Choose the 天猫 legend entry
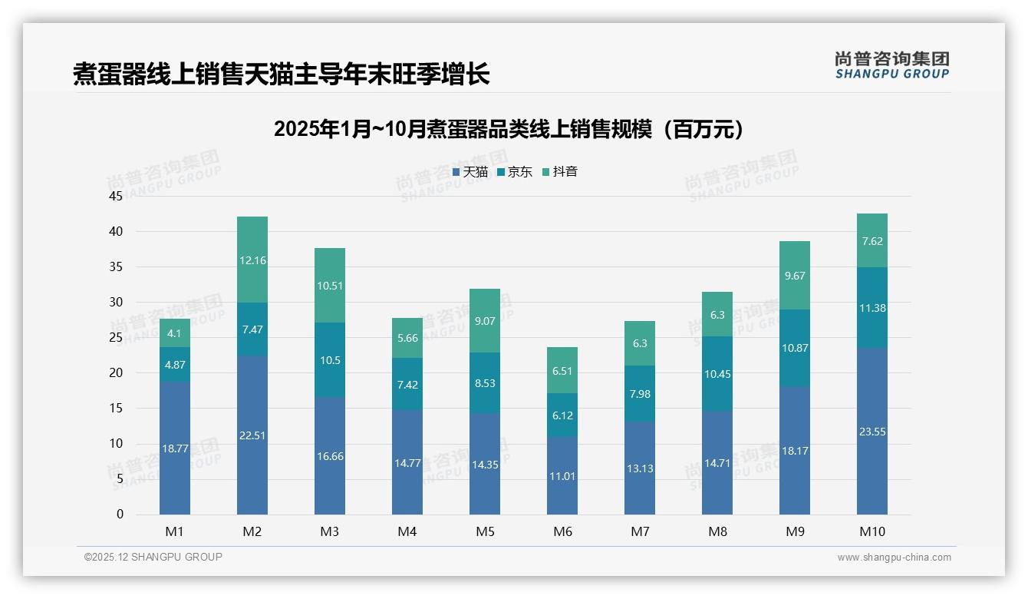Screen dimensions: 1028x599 pyautogui.click(x=470, y=172)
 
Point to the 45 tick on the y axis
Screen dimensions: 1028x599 pyautogui.click(x=116, y=196)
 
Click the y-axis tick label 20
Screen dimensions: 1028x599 pyautogui.click(x=116, y=373)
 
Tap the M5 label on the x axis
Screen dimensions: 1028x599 pyautogui.click(x=485, y=531)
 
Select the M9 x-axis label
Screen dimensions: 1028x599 pyautogui.click(x=795, y=531)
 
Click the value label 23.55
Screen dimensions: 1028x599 pyautogui.click(x=872, y=432)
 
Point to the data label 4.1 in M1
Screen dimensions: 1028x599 pyautogui.click(x=175, y=333)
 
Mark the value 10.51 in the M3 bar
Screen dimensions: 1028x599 pyautogui.click(x=330, y=286)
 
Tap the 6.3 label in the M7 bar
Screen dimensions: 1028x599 pyautogui.click(x=640, y=344)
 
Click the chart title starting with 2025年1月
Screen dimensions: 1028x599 pyautogui.click(x=509, y=129)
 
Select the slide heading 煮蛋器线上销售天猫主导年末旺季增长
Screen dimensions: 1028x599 pyautogui.click(x=281, y=74)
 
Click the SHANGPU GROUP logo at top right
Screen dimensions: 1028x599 pyautogui.click(x=891, y=65)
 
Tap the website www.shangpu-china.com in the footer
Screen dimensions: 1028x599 pyautogui.click(x=894, y=558)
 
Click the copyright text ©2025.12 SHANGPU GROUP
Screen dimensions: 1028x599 pyautogui.click(x=153, y=557)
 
